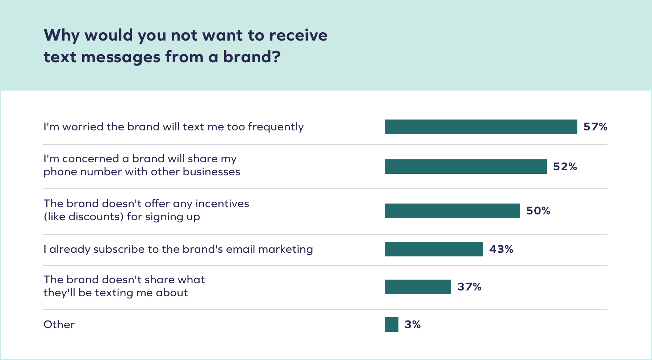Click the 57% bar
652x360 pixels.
coord(481,127)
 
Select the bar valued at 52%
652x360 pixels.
coord(465,167)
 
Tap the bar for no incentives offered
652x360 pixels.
coord(452,211)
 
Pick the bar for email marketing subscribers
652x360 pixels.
coord(434,249)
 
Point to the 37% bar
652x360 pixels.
coord(418,287)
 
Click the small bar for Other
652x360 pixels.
coord(391,325)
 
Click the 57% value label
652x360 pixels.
coord(595,127)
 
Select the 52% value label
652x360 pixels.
coord(565,167)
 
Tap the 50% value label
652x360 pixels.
coord(538,211)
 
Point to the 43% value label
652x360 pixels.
coord(501,249)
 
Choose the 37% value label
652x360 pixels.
coord(469,287)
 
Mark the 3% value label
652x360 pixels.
coord(413,325)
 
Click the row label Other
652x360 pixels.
coord(59,325)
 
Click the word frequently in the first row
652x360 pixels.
coord(276,127)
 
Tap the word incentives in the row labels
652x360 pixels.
coord(222,204)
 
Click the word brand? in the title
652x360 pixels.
coord(251,57)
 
